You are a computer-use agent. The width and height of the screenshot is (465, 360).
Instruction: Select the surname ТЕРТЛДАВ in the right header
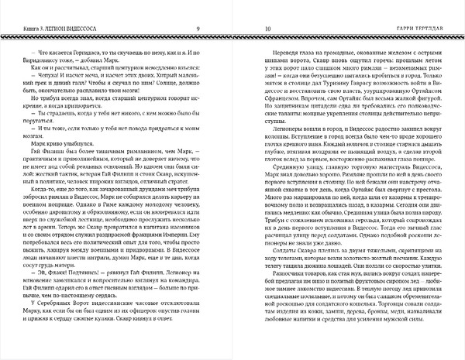[435, 30]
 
